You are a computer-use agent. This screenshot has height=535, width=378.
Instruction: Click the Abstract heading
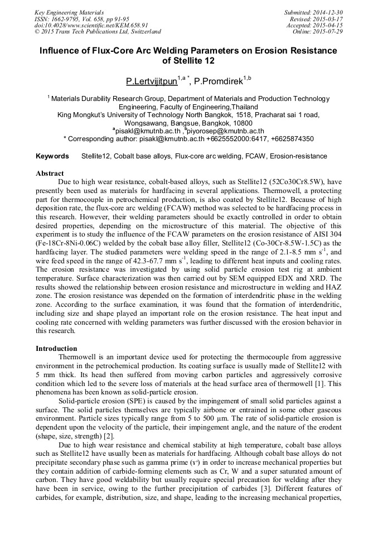click(50, 173)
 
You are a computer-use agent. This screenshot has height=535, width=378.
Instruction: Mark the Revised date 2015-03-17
click(328, 18)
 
